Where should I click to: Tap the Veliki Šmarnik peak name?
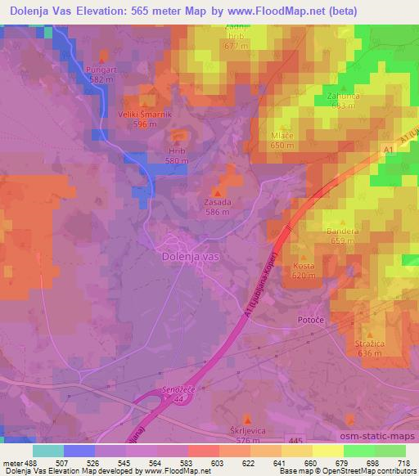(x=145, y=115)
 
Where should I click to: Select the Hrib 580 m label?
(x=177, y=151)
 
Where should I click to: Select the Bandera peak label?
(x=342, y=231)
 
